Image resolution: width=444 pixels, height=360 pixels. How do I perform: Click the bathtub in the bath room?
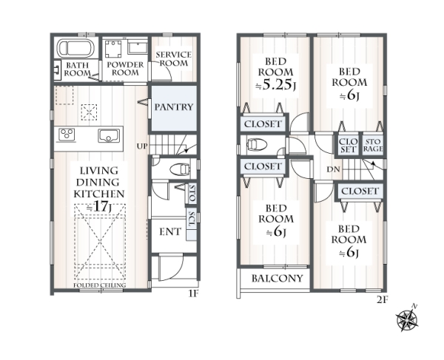point(75,48)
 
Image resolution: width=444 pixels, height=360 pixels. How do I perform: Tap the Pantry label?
point(174,107)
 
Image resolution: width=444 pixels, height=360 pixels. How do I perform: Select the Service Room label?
point(174,58)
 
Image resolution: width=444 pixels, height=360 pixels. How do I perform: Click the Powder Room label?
point(125,69)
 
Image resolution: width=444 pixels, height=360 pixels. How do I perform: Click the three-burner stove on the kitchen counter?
point(67,134)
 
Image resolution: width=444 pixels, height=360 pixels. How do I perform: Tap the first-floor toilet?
point(180,169)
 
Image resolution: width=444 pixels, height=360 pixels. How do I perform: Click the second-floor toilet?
point(257,144)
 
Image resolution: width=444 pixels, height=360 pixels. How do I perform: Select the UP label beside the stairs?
point(142,146)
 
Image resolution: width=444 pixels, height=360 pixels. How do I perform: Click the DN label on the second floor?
point(333,169)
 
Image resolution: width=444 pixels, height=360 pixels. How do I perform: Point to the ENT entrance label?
point(170,232)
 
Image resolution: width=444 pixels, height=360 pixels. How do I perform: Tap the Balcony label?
point(277,279)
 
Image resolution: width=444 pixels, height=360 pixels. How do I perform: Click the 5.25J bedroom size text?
point(275,85)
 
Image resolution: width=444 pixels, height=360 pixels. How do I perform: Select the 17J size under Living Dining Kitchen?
point(98,207)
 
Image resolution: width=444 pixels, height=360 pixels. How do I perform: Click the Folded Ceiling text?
point(100,285)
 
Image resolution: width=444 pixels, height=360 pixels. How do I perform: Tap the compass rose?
point(407,319)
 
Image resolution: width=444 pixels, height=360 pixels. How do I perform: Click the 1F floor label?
point(194,293)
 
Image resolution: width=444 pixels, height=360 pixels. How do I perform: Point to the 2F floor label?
point(382,299)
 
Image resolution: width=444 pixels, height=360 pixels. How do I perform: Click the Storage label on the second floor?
point(373,145)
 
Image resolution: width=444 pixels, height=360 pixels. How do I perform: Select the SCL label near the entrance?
point(192,219)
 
